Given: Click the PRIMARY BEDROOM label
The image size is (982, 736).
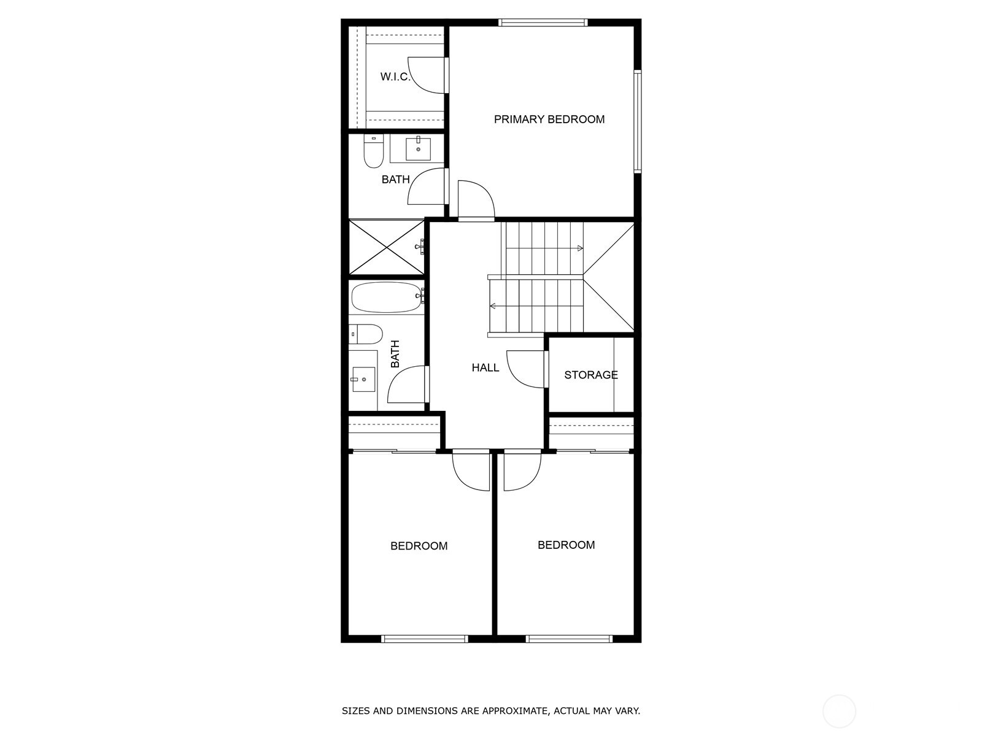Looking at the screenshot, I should [549, 120].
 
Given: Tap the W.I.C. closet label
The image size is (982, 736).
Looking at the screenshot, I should [395, 77].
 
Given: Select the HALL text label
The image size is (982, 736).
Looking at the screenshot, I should [485, 368].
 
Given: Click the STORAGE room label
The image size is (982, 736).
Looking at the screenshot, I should [590, 375].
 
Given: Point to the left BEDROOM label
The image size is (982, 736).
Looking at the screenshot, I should [419, 546].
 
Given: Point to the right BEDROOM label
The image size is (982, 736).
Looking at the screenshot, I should [566, 545].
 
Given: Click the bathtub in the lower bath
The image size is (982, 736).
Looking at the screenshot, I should [386, 297].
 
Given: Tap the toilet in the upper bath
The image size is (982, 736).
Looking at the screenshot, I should [373, 152].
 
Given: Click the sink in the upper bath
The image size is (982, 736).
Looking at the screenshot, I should [419, 149].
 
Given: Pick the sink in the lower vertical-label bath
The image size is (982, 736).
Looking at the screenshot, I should [363, 379].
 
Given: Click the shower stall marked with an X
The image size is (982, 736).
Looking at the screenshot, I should [386, 247].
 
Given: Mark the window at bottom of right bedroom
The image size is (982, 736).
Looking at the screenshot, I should [569, 639].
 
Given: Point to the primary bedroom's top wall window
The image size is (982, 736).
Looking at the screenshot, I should [543, 23].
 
